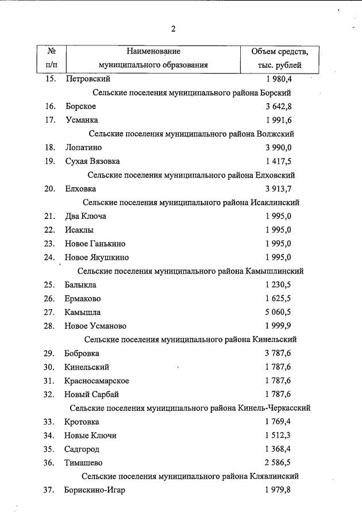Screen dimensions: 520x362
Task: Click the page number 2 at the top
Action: [x=173, y=29]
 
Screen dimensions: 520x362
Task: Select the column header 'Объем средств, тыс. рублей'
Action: [x=279, y=58]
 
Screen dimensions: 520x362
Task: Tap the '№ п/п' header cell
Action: [x=51, y=58]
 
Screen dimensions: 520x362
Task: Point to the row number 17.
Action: [x=49, y=120]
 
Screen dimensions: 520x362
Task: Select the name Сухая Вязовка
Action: [x=93, y=161]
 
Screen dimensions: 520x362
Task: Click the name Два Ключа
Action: [x=86, y=216]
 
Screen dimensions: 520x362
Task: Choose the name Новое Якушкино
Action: [x=97, y=257]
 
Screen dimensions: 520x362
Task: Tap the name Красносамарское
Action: [x=97, y=381]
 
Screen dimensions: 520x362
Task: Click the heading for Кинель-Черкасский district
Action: [x=190, y=408]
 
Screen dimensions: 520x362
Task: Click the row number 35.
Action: [x=49, y=449]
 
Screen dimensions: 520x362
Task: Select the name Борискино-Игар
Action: [x=95, y=490]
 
